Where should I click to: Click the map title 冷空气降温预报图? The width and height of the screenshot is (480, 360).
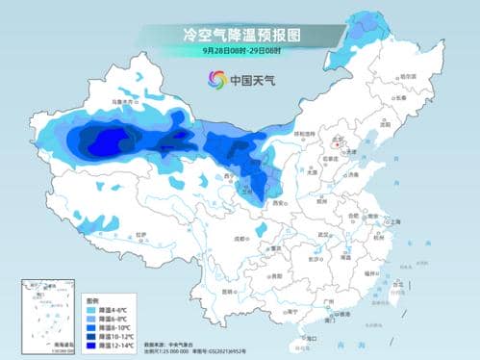240,34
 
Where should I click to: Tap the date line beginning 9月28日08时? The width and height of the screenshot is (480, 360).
240,50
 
